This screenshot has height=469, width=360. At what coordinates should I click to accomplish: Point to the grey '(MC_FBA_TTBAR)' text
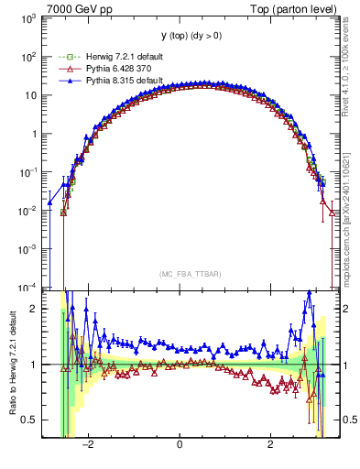click(180, 274)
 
